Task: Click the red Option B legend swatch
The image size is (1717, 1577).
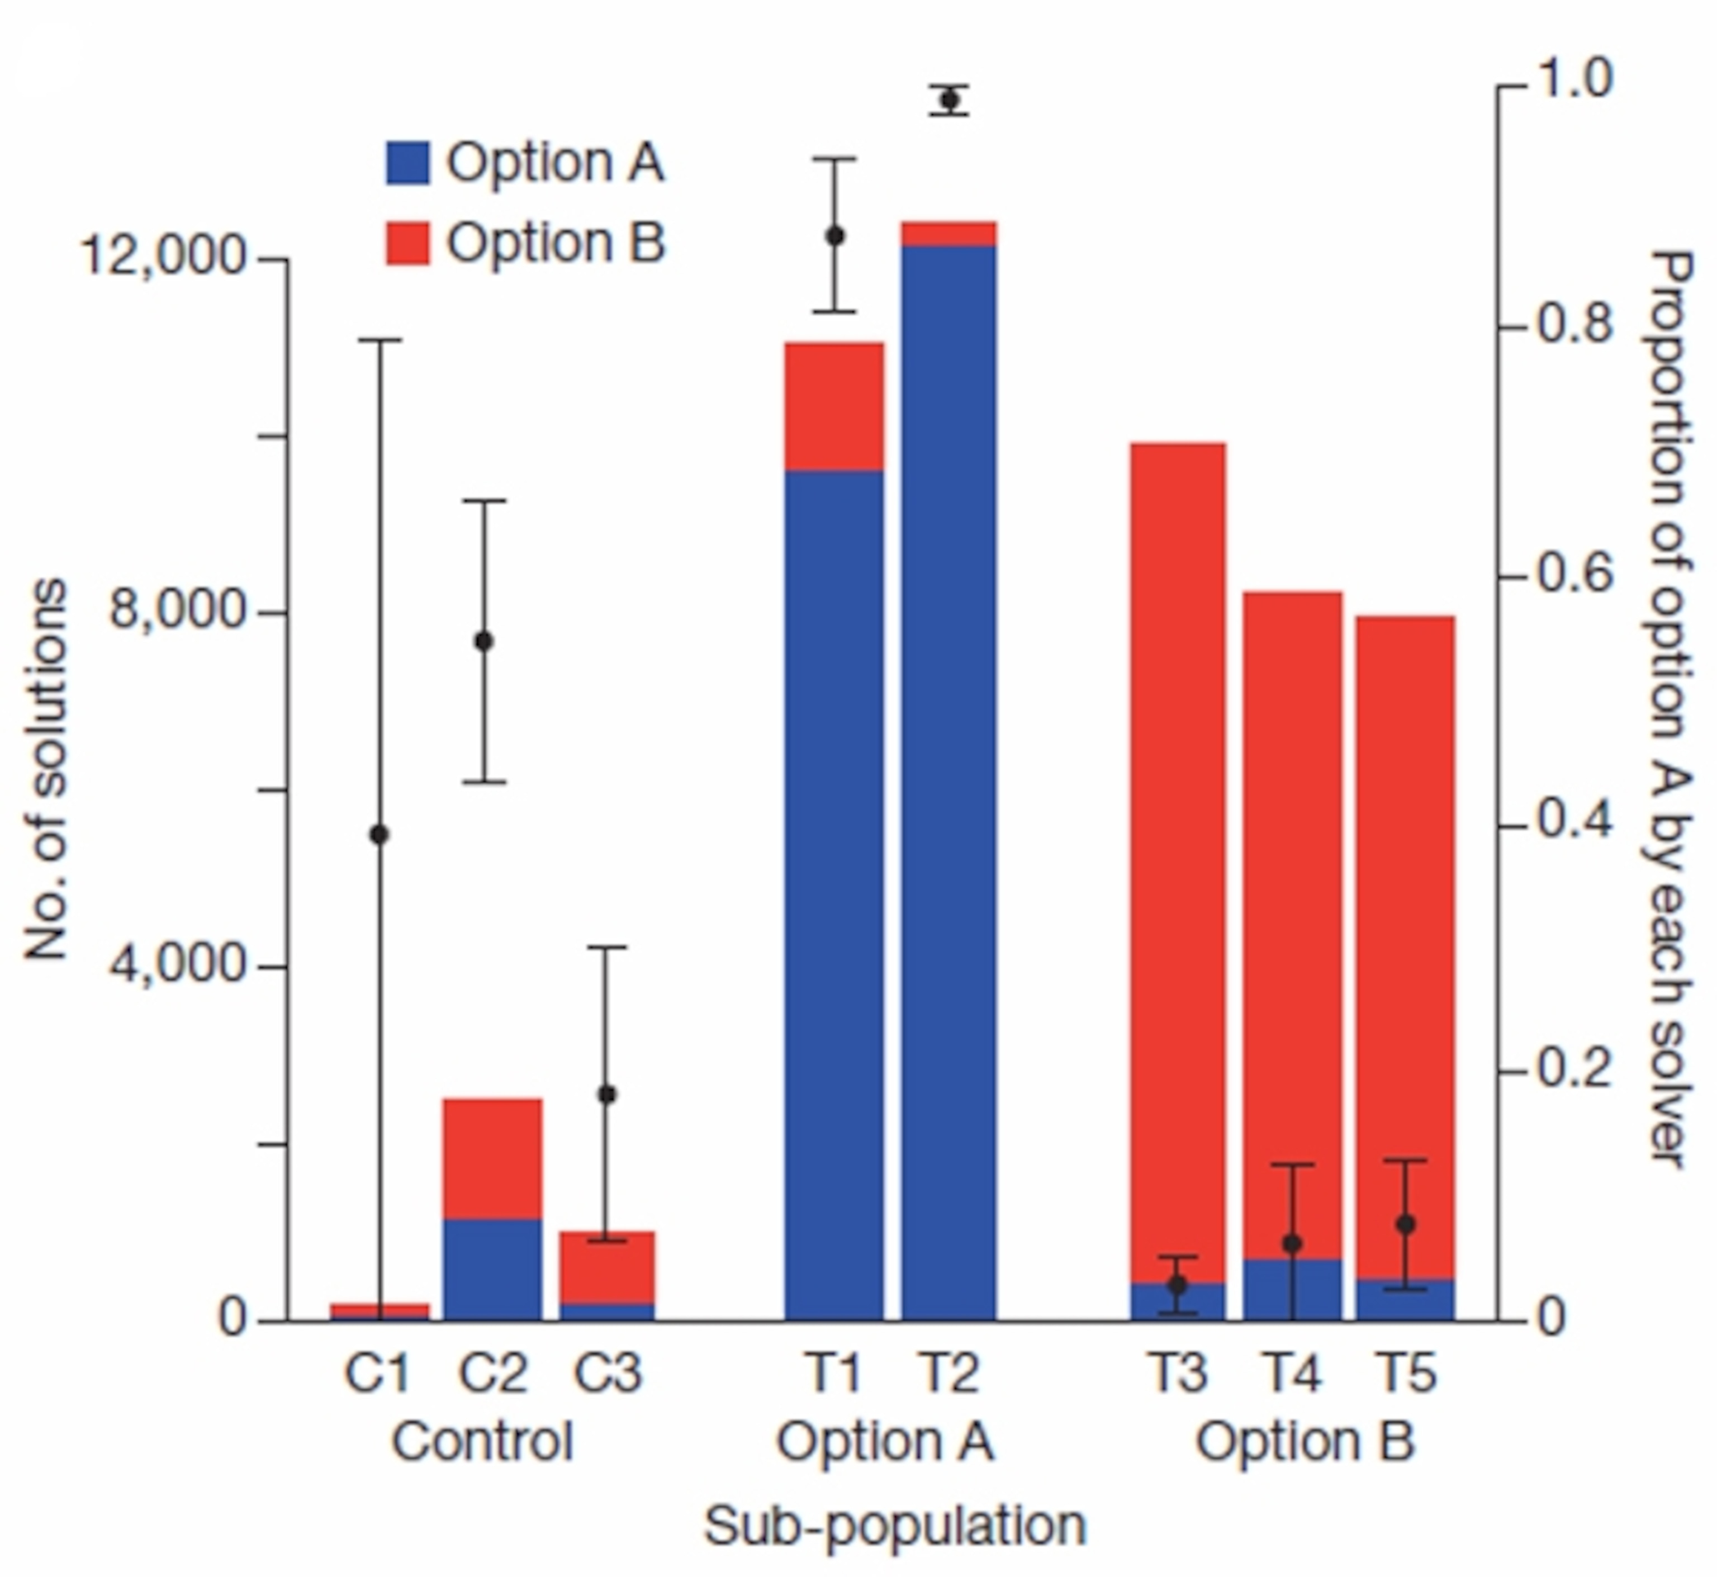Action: [x=408, y=243]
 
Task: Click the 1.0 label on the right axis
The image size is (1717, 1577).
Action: [x=1574, y=80]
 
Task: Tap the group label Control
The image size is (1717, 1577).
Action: [x=482, y=1441]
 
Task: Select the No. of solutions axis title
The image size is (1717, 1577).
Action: [x=44, y=769]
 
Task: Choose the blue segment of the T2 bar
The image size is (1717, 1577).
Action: [x=948, y=768]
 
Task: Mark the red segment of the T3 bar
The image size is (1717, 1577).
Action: [x=1178, y=854]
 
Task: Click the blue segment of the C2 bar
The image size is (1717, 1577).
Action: [x=492, y=1269]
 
